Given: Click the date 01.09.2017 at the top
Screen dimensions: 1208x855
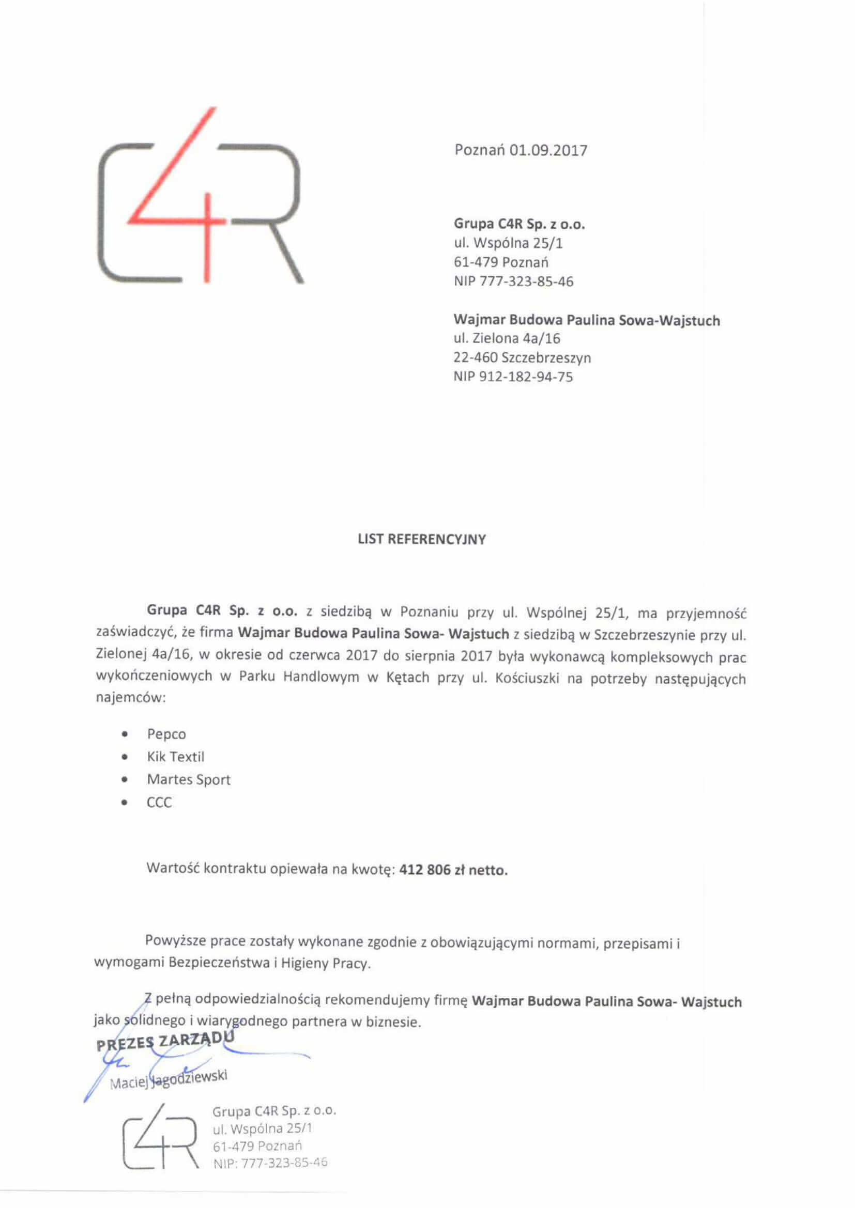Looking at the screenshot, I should pos(548,150).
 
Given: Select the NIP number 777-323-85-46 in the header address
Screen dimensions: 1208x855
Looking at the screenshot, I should pos(526,281).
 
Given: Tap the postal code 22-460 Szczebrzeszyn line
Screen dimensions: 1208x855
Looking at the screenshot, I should pos(522,358).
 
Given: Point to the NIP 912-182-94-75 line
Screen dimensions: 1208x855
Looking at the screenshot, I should pos(513,376).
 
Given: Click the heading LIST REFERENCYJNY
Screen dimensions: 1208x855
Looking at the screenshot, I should pos(422,539).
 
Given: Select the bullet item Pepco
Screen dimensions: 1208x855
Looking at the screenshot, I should pos(166,734).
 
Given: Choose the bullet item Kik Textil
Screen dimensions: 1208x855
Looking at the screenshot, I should pos(175,757).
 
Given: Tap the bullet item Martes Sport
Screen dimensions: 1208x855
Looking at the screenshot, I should pos(189,779).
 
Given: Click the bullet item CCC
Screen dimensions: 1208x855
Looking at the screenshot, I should pos(159,803).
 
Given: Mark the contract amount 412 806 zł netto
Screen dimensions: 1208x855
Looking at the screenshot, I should pos(453,870).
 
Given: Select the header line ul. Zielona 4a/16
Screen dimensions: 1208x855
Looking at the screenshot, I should pos(507,338).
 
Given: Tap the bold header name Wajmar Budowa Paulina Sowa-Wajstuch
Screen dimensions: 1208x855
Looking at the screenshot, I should pos(587,320).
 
